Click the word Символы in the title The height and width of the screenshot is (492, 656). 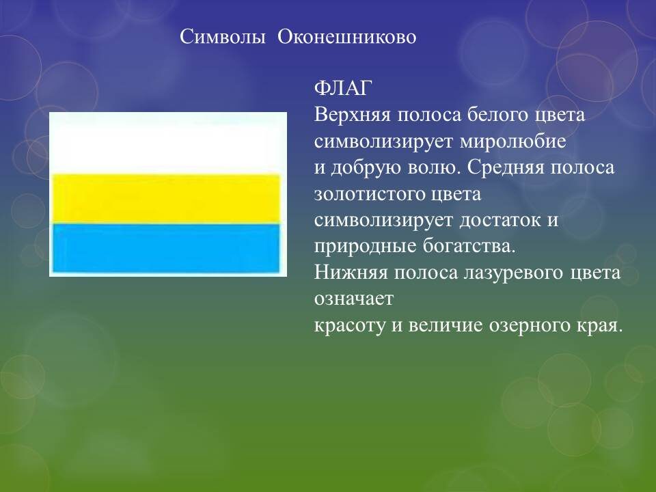pos(223,37)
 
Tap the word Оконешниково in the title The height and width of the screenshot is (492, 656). pos(347,37)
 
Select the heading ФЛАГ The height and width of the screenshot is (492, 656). pos(343,88)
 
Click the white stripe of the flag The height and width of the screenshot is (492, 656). pos(167,143)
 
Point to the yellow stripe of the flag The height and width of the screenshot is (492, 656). pos(166,199)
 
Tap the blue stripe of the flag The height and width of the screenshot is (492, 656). pos(166,248)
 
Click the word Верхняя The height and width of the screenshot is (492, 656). pos(352,115)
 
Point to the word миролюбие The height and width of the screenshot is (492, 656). pos(513,141)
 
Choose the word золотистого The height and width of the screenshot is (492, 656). pos(369,194)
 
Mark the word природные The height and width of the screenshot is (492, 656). pos(365,247)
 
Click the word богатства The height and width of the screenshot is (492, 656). pos(469,247)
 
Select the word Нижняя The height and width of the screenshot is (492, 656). pos(351,273)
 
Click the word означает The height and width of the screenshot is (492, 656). pos(354,299)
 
